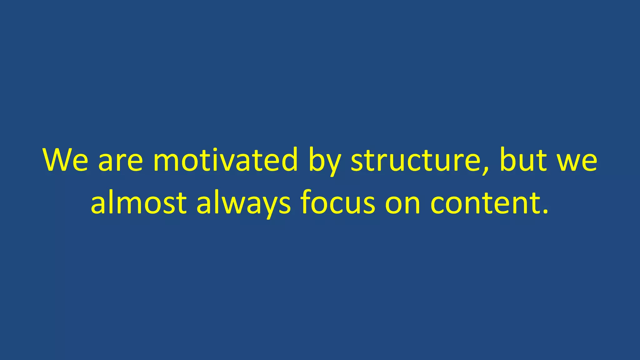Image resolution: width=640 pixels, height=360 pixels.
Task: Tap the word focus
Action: pos(337,202)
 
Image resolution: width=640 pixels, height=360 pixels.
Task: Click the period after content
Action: pos(545,212)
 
